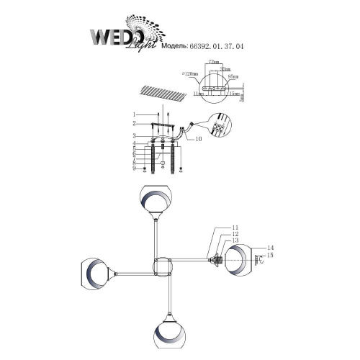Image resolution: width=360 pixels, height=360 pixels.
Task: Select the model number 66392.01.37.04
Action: pyautogui.click(x=217, y=45)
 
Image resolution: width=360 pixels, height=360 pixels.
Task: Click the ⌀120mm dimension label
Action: pyautogui.click(x=191, y=73)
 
